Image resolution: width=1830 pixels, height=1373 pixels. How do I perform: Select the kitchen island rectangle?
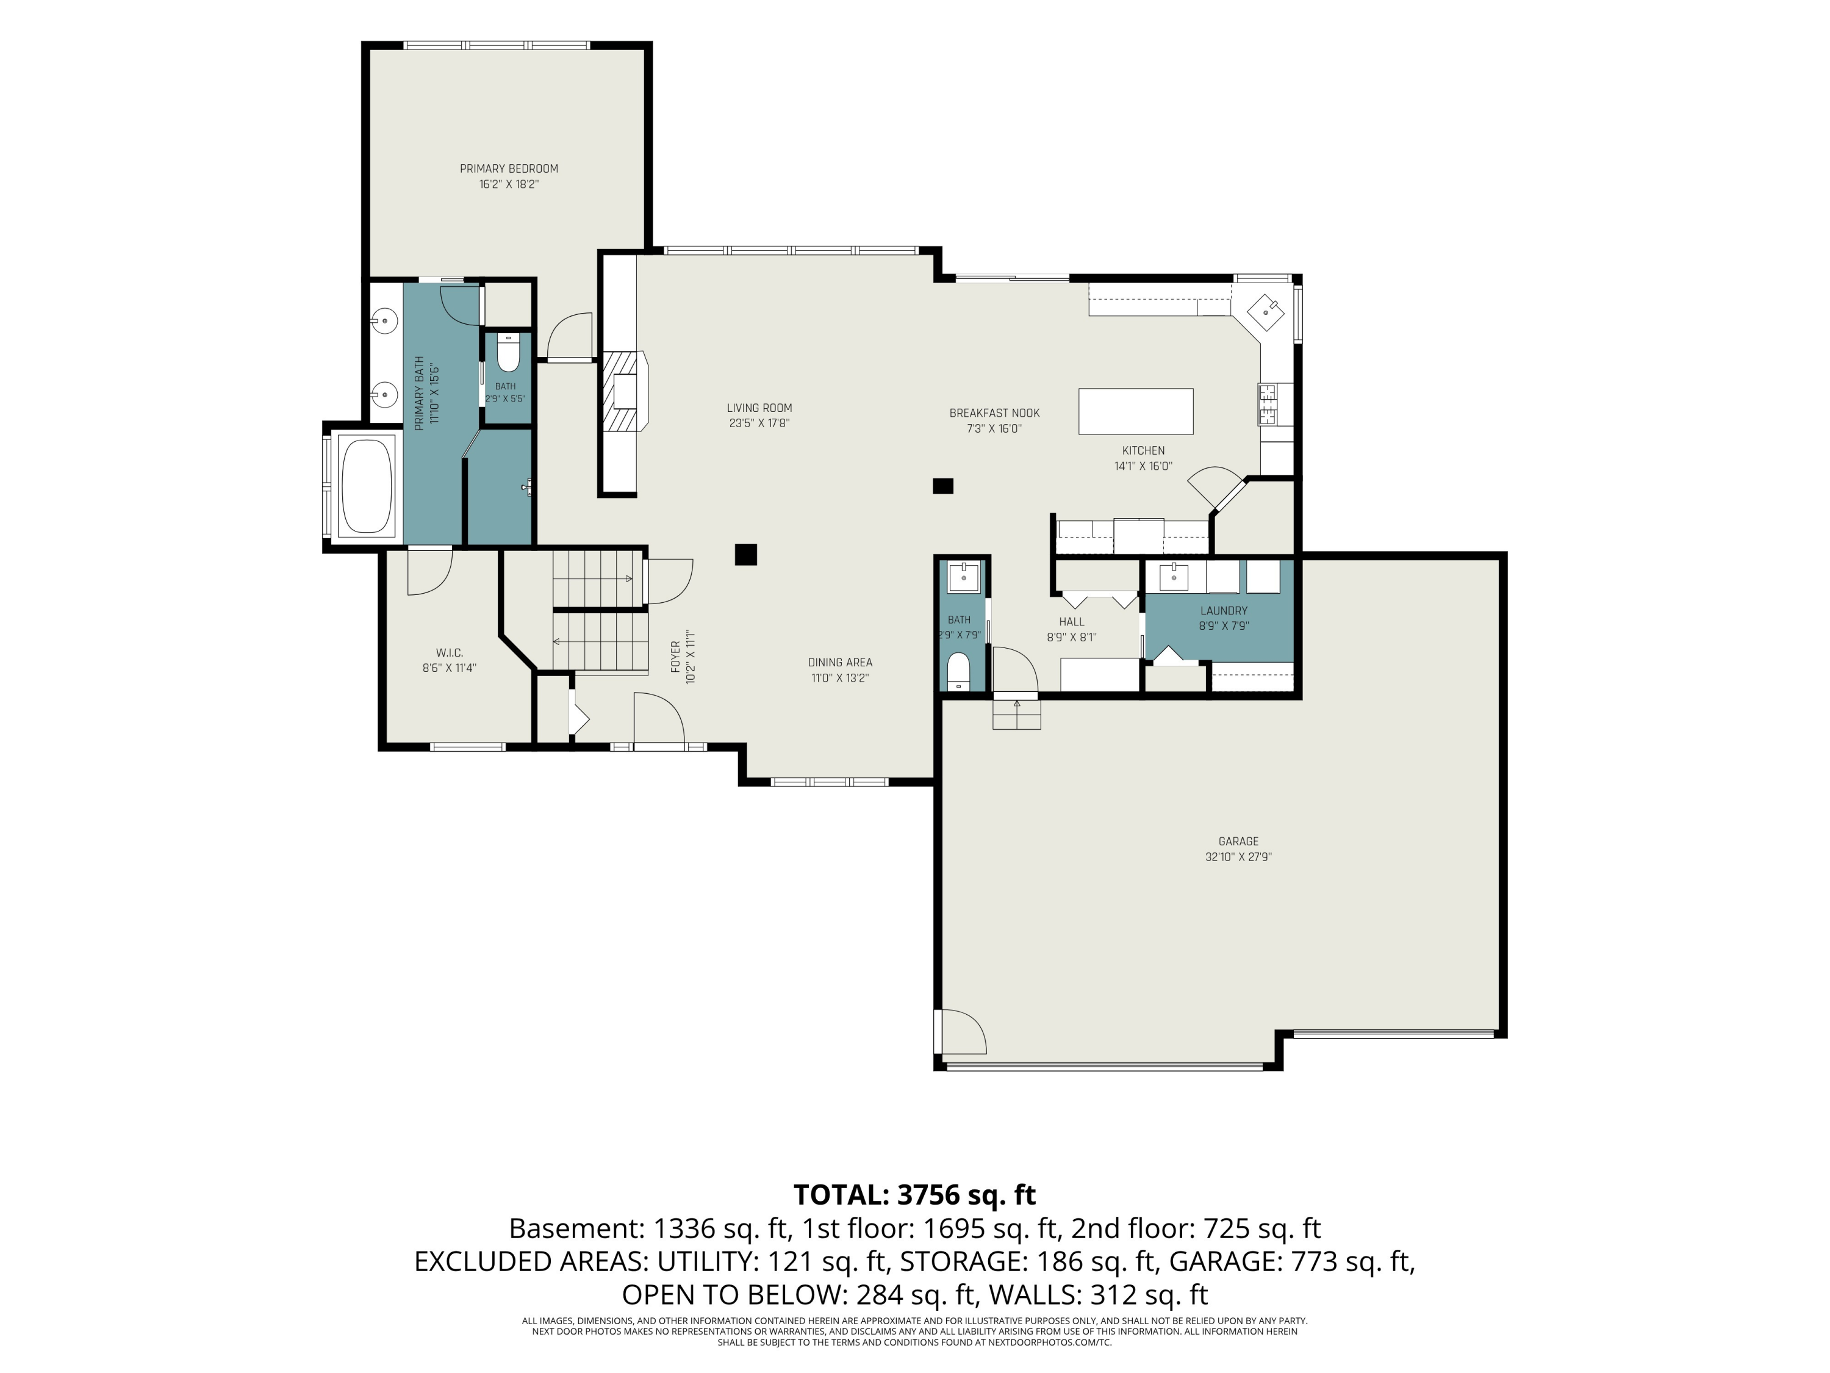click(x=1135, y=411)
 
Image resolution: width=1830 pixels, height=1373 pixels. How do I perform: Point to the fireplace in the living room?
click(x=624, y=392)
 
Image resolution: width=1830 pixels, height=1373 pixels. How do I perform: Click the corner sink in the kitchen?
click(x=1266, y=312)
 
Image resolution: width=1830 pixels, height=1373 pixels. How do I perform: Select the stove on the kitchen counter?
click(x=1268, y=404)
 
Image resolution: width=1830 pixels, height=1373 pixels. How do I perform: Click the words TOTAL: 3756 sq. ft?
click(x=914, y=1195)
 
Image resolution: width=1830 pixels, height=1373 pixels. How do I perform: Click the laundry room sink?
click(x=1173, y=577)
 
